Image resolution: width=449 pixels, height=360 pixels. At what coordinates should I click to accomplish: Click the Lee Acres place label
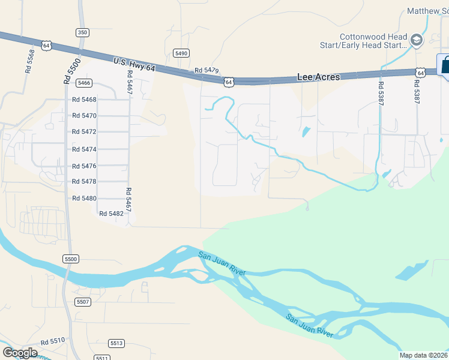coord(319,77)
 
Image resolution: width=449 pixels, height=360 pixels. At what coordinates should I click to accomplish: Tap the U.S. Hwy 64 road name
coord(134,65)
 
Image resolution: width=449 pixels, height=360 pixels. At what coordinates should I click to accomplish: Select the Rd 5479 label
coord(206,71)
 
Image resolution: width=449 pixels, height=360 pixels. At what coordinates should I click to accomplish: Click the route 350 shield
coord(83,32)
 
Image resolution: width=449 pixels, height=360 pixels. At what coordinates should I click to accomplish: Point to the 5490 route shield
coord(181,53)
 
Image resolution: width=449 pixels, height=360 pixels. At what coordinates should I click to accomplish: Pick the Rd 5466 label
coord(83,83)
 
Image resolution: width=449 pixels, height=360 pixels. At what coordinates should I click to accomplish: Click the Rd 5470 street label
coord(84,115)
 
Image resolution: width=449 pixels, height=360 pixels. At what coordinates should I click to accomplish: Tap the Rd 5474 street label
coord(84,149)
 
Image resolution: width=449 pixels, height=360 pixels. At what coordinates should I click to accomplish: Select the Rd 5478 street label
coord(84,181)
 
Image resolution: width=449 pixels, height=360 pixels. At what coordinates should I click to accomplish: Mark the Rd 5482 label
coord(112,213)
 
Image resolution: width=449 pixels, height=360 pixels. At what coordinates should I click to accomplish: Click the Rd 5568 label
coord(29,61)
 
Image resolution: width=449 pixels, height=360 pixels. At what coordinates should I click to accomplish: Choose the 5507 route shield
coord(83,301)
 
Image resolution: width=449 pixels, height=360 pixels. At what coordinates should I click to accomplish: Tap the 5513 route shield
coord(116,343)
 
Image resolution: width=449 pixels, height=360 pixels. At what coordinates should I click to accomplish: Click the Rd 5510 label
coord(53,341)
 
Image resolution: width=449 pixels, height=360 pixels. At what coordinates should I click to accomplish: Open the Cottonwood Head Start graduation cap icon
coord(417,41)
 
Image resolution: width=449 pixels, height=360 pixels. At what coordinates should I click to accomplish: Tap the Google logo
coord(20,353)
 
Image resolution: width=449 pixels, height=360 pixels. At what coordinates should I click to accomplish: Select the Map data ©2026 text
coord(424,355)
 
